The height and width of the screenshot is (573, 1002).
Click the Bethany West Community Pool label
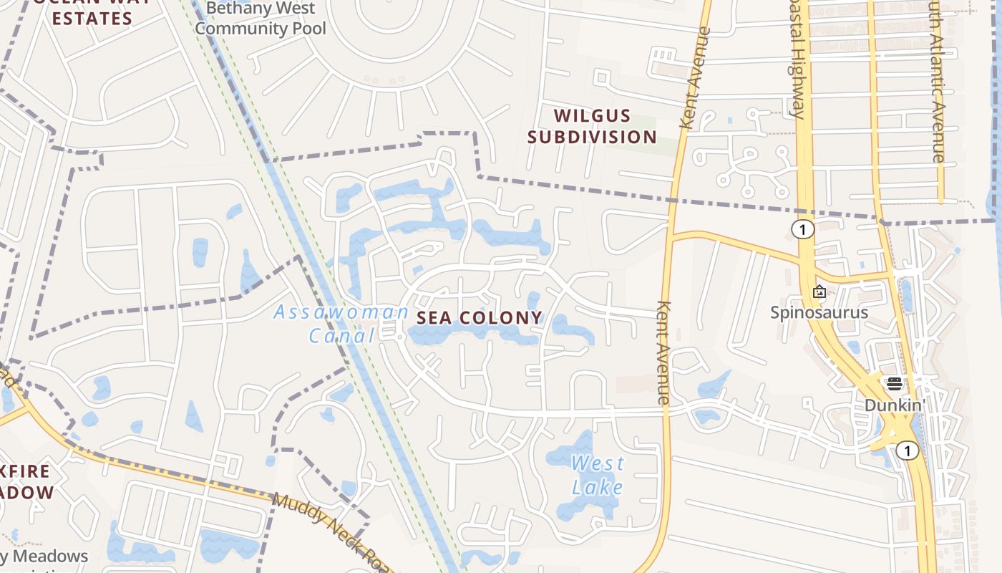[260, 19]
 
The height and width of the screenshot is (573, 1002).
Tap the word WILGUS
[592, 116]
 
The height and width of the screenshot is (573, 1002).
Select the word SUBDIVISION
[592, 137]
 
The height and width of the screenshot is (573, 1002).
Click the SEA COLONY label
[480, 318]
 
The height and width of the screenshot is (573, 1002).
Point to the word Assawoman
[341, 312]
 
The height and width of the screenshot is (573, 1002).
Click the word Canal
[342, 335]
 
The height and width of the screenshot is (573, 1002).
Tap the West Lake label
[598, 476]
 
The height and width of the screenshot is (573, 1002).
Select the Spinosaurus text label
[819, 312]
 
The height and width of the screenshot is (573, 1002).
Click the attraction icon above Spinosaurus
[819, 292]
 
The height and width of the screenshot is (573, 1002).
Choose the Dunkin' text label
[894, 405]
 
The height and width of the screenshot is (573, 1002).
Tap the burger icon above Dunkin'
[894, 384]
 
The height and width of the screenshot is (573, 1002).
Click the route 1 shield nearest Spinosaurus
[803, 229]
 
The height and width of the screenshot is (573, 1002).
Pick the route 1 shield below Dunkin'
[907, 451]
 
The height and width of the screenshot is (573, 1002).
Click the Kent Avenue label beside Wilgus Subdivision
[696, 78]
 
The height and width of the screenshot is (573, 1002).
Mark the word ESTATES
[92, 19]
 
